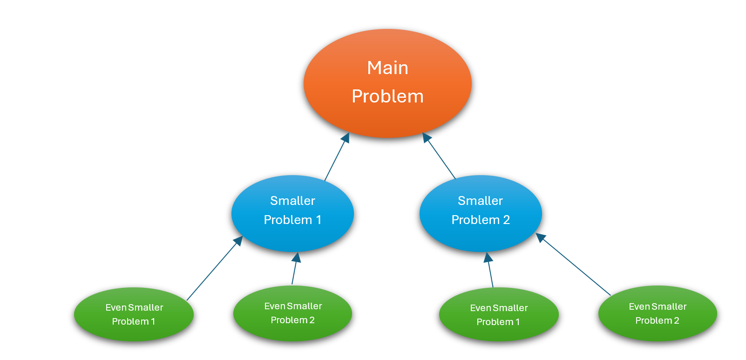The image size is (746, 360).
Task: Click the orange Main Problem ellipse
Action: [387, 83]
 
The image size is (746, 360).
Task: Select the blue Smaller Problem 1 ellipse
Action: [292, 213]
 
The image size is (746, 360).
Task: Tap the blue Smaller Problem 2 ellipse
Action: [481, 213]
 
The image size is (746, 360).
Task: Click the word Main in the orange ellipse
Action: [387, 68]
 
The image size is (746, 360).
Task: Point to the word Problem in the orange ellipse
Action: [387, 96]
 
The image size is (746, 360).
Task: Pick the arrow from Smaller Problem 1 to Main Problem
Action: [337, 156]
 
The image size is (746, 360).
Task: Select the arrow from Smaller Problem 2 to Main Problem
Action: [439, 156]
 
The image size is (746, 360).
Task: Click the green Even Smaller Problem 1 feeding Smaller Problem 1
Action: [134, 314]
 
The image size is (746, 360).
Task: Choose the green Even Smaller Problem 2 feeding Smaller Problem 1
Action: [293, 313]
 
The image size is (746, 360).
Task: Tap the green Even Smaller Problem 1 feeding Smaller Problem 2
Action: [499, 314]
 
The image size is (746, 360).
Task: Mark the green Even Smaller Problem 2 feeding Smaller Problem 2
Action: [658, 313]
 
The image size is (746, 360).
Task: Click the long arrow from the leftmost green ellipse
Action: [215, 268]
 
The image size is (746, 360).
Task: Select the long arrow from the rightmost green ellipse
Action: [573, 264]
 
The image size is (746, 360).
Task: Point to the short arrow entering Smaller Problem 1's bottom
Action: [295, 268]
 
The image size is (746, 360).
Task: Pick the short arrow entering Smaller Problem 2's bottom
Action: [489, 269]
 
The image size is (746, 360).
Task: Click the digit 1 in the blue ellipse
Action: [319, 220]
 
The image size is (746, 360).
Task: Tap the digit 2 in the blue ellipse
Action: [506, 220]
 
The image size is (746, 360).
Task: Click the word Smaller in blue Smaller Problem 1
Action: [292, 201]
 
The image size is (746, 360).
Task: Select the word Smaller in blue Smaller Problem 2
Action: [480, 201]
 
